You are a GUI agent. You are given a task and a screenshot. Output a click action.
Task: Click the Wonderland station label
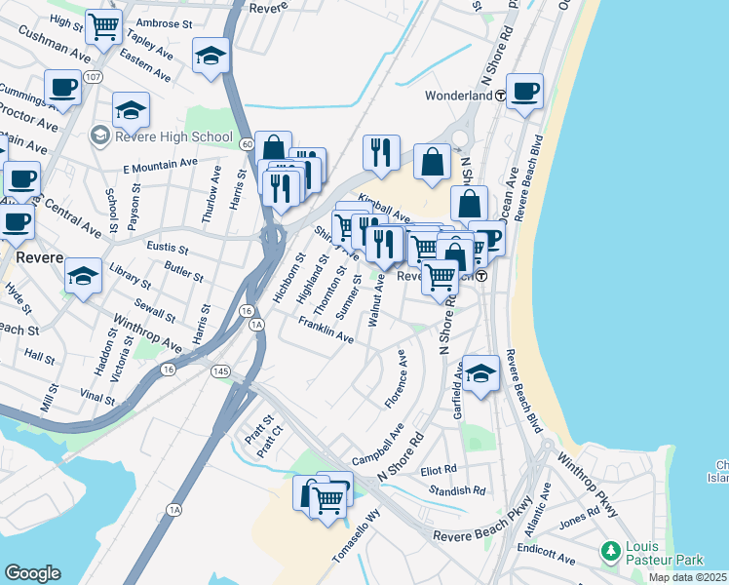(458, 97)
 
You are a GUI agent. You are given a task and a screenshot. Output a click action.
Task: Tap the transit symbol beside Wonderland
(500, 97)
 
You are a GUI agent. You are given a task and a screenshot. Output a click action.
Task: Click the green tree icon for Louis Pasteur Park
(612, 552)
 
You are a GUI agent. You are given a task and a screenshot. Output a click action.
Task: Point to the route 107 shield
(94, 77)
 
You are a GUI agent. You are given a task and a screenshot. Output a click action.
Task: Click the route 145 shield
(218, 370)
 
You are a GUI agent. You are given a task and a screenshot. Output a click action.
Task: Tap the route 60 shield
(248, 144)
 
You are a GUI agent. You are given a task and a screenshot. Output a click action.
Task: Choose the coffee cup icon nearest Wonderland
(524, 91)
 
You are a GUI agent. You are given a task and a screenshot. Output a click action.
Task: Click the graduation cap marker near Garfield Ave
(480, 372)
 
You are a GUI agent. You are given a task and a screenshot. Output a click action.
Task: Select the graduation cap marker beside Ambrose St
(210, 56)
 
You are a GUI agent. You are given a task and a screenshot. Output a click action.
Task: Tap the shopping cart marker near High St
(103, 26)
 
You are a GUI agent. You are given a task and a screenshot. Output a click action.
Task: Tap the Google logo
(32, 573)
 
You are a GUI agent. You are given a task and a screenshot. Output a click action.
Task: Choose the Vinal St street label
(97, 397)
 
